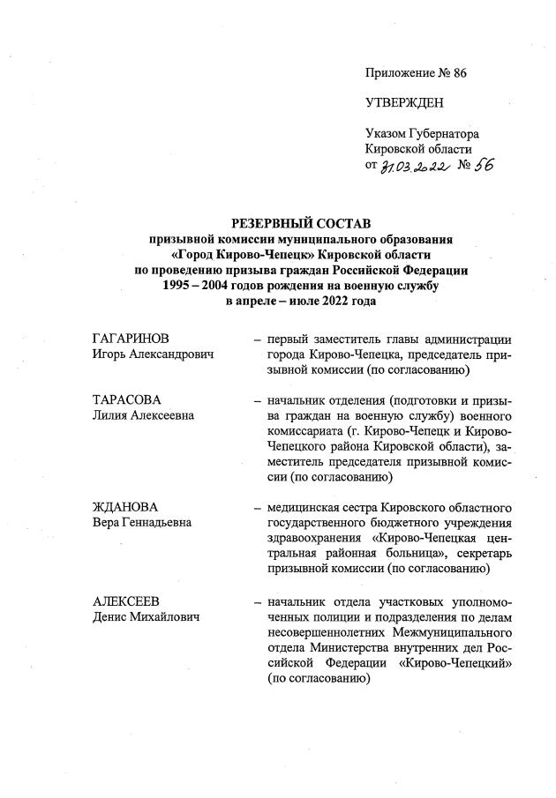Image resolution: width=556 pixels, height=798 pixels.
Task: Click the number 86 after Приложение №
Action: (456, 73)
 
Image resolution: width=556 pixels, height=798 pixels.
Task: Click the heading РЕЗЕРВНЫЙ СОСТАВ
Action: (301, 224)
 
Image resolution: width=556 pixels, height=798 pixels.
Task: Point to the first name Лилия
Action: (111, 415)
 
